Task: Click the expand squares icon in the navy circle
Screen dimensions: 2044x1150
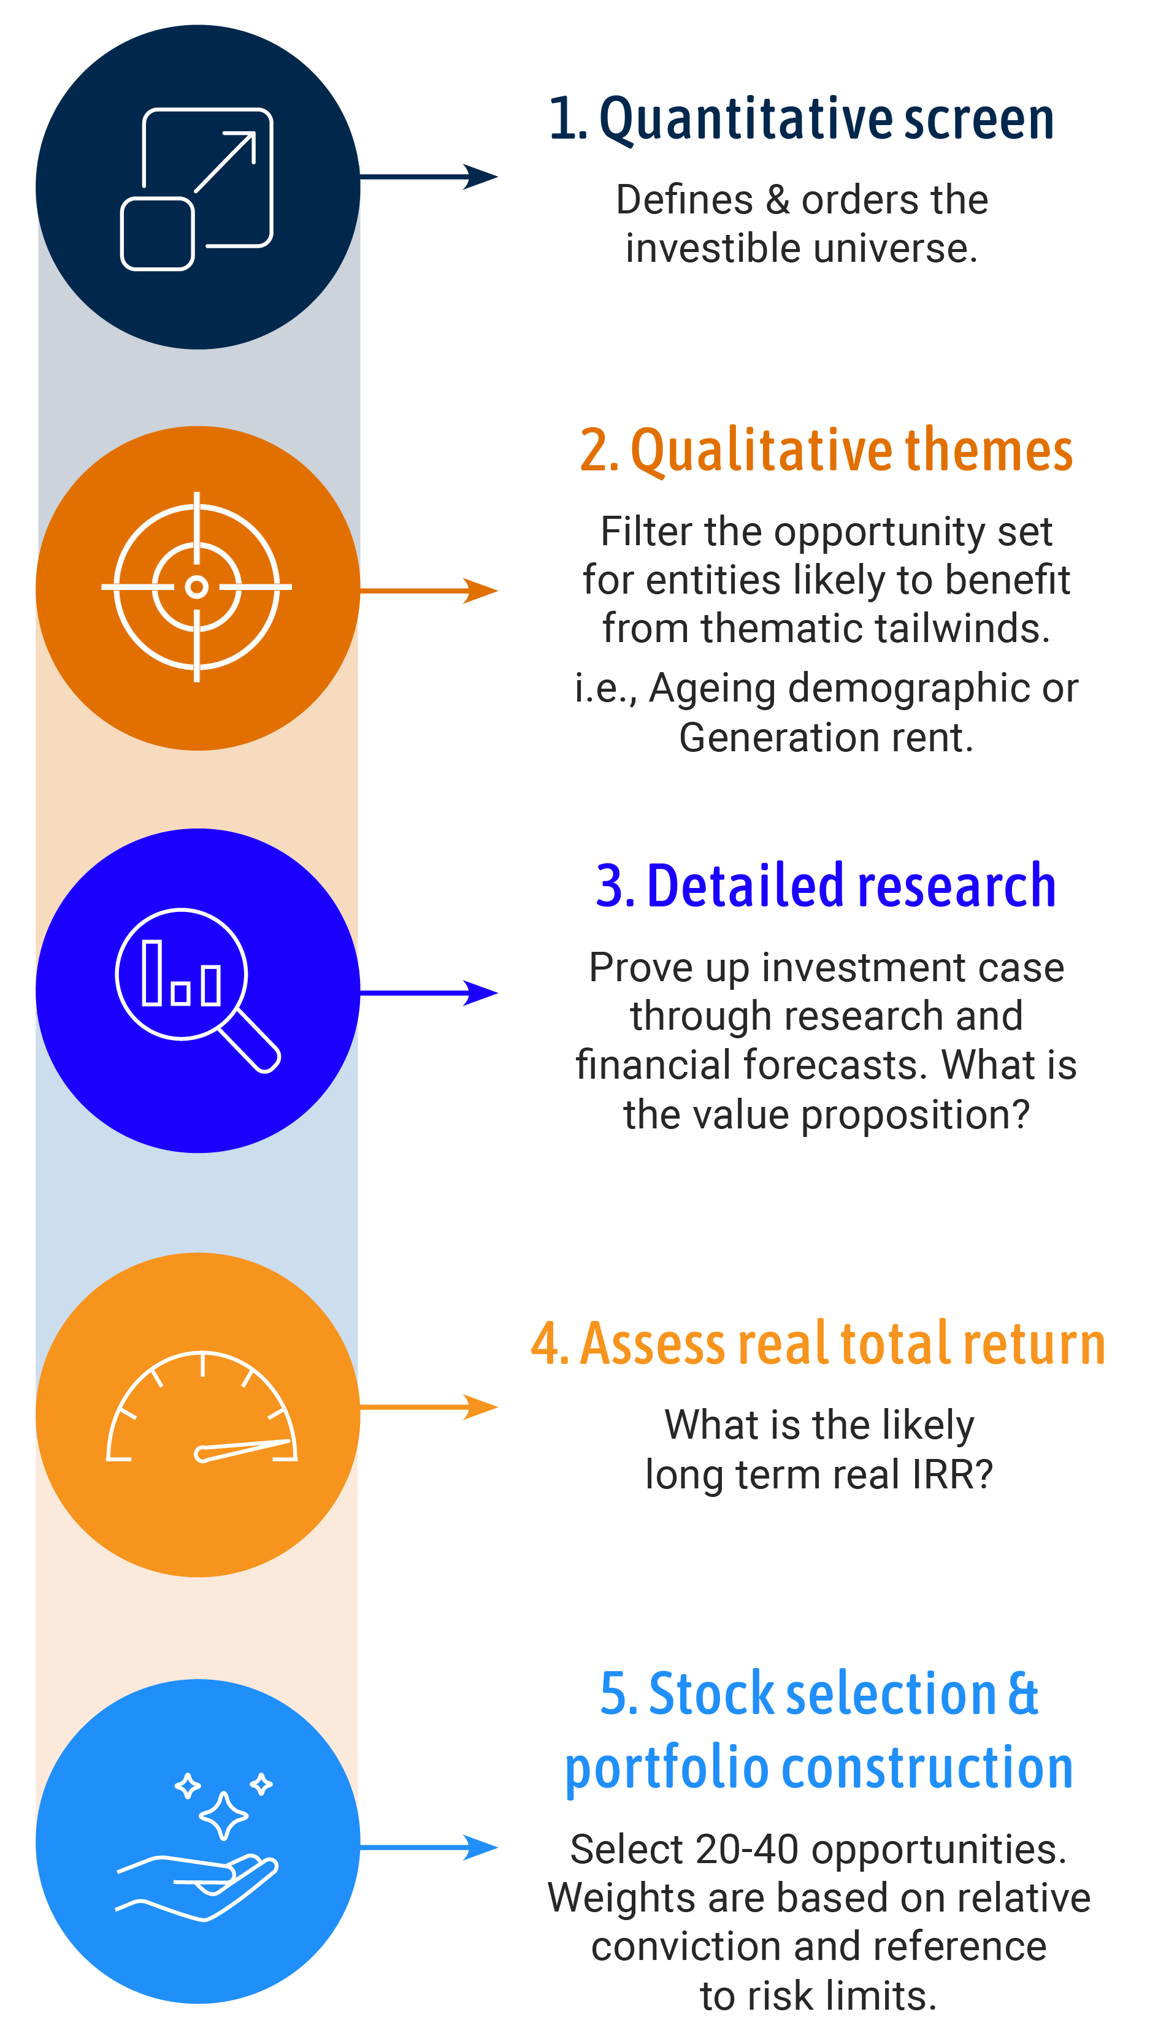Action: (x=197, y=189)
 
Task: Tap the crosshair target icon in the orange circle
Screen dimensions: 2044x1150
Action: (x=197, y=587)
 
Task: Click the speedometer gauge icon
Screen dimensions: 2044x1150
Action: (x=202, y=1409)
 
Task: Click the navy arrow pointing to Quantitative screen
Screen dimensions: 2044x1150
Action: (x=429, y=176)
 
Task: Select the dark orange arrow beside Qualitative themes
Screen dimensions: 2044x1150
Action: (x=429, y=591)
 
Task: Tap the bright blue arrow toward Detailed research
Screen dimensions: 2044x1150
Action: (x=429, y=993)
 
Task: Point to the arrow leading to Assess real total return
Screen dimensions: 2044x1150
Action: (x=429, y=1407)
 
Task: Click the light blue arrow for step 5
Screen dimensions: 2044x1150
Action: (x=429, y=1848)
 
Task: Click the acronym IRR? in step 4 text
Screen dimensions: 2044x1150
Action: (x=952, y=1475)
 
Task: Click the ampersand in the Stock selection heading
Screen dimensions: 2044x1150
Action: (x=1023, y=1693)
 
